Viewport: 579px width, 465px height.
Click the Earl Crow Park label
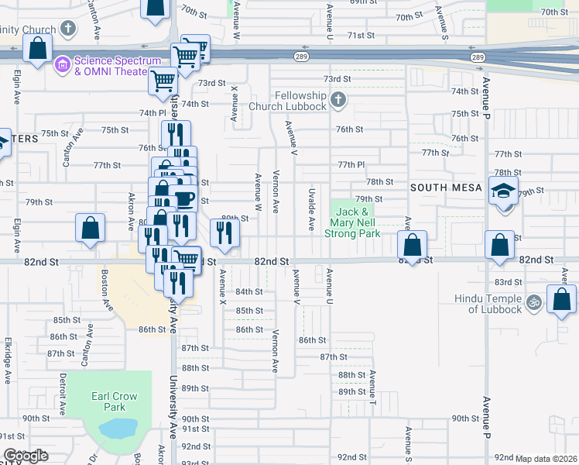click(x=114, y=401)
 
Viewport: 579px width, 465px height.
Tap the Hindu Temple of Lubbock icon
click(x=533, y=302)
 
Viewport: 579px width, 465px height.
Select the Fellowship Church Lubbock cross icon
click(x=337, y=100)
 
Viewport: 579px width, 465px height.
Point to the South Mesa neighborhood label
click(x=447, y=188)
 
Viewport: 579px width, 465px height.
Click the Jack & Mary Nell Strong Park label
click(x=357, y=222)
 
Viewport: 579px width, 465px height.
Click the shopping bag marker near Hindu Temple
click(x=560, y=299)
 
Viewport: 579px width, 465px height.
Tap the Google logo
click(x=26, y=456)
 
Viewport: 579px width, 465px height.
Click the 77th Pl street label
click(x=351, y=165)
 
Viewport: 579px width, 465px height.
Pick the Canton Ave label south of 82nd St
click(x=87, y=350)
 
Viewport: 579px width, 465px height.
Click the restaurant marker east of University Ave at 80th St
click(x=224, y=232)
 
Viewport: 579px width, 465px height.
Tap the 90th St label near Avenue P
click(x=465, y=418)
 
